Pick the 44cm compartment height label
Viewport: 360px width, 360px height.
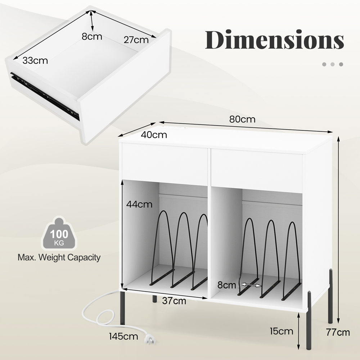click(139, 204)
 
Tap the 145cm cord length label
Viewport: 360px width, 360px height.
click(124, 337)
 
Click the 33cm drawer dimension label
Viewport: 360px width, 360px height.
click(35, 60)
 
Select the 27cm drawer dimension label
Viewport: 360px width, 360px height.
click(136, 40)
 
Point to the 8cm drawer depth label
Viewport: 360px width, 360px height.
click(91, 36)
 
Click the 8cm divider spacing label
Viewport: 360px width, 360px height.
click(227, 285)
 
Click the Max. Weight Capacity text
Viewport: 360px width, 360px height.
click(59, 257)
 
